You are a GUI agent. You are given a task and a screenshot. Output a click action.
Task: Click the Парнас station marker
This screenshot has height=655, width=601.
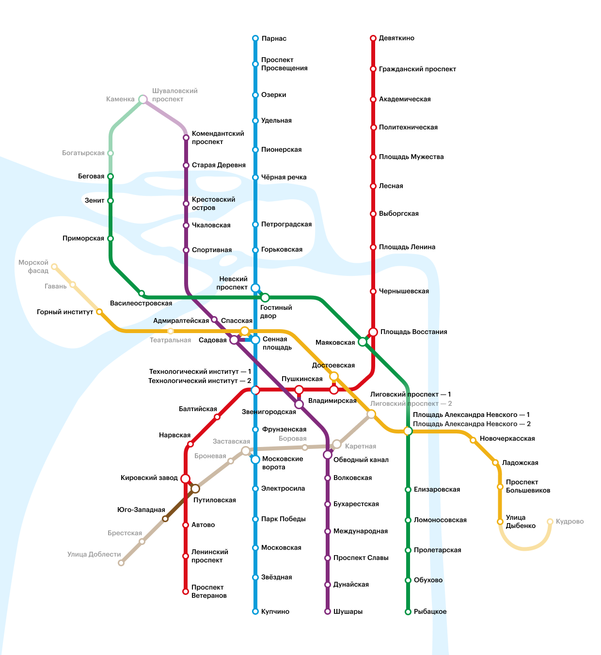[255, 38]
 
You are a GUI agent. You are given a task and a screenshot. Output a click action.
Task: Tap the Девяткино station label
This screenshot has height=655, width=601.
[396, 38]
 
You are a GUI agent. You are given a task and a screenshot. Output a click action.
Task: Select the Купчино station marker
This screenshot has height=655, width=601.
[255, 611]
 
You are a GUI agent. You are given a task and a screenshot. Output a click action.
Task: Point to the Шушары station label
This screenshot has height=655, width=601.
[348, 611]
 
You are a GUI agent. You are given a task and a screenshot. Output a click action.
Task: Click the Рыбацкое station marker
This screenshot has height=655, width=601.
[408, 612]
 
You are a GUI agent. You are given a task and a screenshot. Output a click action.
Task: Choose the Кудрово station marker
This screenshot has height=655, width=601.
[550, 522]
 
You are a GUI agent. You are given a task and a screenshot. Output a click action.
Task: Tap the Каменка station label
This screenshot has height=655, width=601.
[120, 99]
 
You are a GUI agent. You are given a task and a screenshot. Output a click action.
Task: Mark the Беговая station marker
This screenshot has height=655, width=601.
[111, 176]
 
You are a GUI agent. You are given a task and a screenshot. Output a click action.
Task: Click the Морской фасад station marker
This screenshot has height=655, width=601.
[54, 267]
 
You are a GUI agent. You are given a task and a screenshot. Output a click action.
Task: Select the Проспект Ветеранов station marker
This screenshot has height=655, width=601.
[186, 591]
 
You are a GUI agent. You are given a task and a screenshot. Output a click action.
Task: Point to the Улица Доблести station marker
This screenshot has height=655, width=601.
[121, 563]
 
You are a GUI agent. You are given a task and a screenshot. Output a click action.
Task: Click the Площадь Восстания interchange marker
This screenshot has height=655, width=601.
[373, 332]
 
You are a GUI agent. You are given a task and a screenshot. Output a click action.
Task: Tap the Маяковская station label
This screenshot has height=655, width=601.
[335, 343]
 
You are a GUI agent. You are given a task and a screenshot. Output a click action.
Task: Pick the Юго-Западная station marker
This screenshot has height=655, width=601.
[165, 519]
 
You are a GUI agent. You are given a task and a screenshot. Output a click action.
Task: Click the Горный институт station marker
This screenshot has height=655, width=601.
[99, 312]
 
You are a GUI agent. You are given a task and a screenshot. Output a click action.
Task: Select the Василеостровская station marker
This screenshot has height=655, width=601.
[142, 293]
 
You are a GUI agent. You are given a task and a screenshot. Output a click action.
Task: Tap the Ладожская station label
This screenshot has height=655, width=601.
[520, 463]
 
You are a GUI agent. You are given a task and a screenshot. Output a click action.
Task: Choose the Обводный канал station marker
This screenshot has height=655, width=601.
[328, 455]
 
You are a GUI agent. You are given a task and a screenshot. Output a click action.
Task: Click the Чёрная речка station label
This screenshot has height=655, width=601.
[284, 177]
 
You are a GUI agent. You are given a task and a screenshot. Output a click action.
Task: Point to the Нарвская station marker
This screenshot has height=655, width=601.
[190, 444]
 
